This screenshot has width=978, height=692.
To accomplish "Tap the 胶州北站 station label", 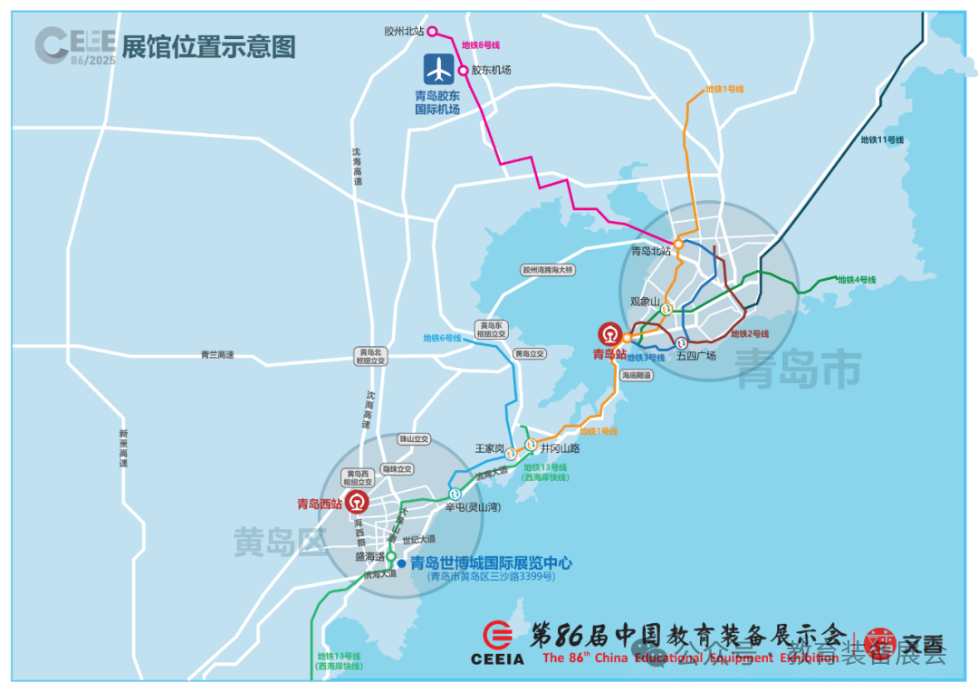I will [x=404, y=31].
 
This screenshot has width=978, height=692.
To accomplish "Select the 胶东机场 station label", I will [x=491, y=70].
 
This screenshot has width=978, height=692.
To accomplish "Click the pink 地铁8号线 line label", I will [x=481, y=44].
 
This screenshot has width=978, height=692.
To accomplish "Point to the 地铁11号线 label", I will [x=882, y=139].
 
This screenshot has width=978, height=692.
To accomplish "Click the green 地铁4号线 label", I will [x=856, y=280].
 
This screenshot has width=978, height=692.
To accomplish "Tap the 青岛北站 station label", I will [x=651, y=251].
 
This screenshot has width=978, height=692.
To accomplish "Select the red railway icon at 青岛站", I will [x=610, y=335].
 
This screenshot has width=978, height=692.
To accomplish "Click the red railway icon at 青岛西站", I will [x=360, y=504].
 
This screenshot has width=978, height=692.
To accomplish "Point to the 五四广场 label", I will [x=695, y=355].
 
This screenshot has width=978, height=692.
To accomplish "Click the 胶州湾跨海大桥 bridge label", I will [x=548, y=270].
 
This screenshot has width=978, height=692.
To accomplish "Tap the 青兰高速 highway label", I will [x=217, y=355].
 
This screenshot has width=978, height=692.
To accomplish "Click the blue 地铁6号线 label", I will [x=442, y=338].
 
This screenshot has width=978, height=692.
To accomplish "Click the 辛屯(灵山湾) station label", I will [x=473, y=507].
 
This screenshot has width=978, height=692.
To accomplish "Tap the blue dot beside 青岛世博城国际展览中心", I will [x=401, y=562].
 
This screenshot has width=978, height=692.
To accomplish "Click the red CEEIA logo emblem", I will [x=497, y=635].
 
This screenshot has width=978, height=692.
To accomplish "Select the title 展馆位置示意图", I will [x=208, y=47].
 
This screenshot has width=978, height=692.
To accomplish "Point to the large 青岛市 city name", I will [x=797, y=370].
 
